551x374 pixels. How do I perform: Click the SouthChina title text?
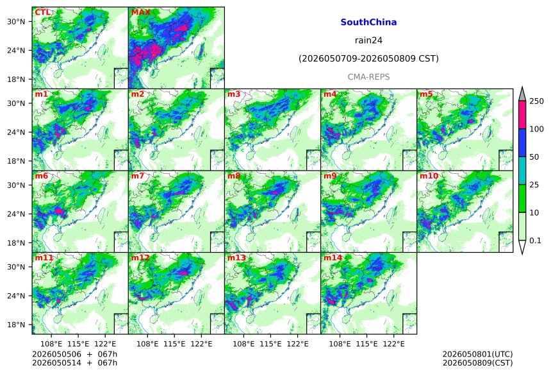(368, 22)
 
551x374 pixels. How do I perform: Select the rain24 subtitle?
(368, 40)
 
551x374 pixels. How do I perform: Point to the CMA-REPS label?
(368, 77)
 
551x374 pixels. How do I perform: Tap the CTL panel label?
(42, 13)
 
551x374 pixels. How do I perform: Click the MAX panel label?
(140, 13)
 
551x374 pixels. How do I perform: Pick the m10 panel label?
(429, 176)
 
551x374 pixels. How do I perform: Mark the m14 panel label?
(333, 258)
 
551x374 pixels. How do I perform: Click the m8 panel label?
(234, 176)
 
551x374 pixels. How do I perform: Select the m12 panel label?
(140, 258)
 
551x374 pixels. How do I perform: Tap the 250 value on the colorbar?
(537, 101)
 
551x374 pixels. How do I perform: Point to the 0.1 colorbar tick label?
(535, 241)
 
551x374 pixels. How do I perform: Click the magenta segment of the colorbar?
(522, 115)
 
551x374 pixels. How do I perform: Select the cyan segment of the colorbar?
(522, 171)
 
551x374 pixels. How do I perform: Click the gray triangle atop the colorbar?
(522, 94)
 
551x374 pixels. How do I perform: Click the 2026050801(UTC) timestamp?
(477, 354)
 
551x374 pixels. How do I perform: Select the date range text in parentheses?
(368, 58)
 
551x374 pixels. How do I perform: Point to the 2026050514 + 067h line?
(74, 362)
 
